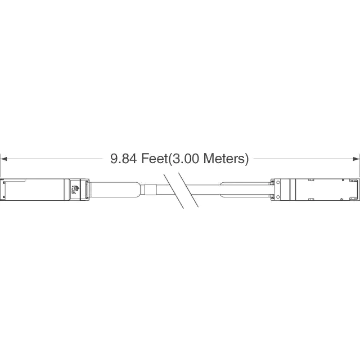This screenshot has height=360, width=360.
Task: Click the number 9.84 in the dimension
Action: pyautogui.click(x=124, y=159)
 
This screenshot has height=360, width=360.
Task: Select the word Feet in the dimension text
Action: pyautogui.click(x=155, y=159)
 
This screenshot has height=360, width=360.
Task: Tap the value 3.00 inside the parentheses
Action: pyautogui.click(x=186, y=159)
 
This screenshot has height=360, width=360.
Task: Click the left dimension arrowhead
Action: pyautogui.click(x=4, y=159)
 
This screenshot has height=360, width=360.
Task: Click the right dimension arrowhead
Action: pyautogui.click(x=356, y=159)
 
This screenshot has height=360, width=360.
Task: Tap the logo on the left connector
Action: pyautogui.click(x=75, y=190)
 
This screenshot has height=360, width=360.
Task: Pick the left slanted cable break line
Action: pyautogui.click(x=174, y=191)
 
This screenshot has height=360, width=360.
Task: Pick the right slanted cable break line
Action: pyautogui.click(x=188, y=190)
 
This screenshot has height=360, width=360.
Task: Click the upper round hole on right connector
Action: pyautogui.click(x=278, y=182)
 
